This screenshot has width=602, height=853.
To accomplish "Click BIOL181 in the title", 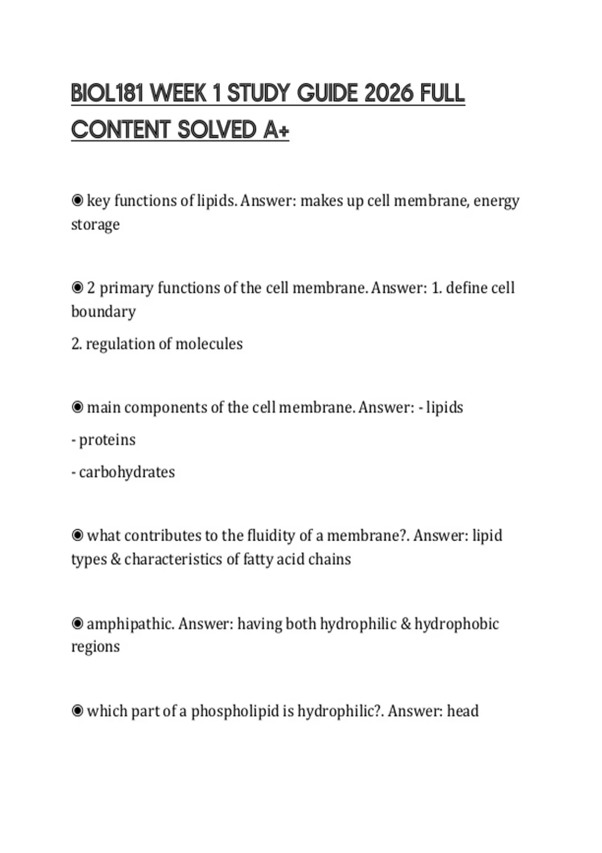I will [x=107, y=93].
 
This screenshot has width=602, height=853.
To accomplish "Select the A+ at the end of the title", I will [x=276, y=130].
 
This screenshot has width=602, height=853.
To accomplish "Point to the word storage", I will [x=95, y=224].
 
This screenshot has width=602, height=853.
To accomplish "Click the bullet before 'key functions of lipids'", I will [x=77, y=201].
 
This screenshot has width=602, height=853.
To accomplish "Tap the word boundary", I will [x=103, y=312].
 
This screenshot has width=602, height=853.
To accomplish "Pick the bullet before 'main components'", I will [x=77, y=407].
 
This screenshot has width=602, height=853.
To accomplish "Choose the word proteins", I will [x=107, y=440].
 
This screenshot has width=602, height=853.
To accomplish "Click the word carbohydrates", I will [x=127, y=472].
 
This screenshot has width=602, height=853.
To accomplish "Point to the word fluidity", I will [x=271, y=536].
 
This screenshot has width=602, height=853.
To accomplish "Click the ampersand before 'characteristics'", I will [x=115, y=559].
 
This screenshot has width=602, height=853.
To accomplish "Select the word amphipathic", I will [x=130, y=624].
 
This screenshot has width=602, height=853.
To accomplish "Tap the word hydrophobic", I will [x=457, y=624].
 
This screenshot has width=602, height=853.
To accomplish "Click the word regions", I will [x=95, y=647].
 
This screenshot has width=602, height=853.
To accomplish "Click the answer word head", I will [x=463, y=711].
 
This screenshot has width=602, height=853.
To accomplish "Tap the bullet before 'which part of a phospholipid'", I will [x=77, y=711].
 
